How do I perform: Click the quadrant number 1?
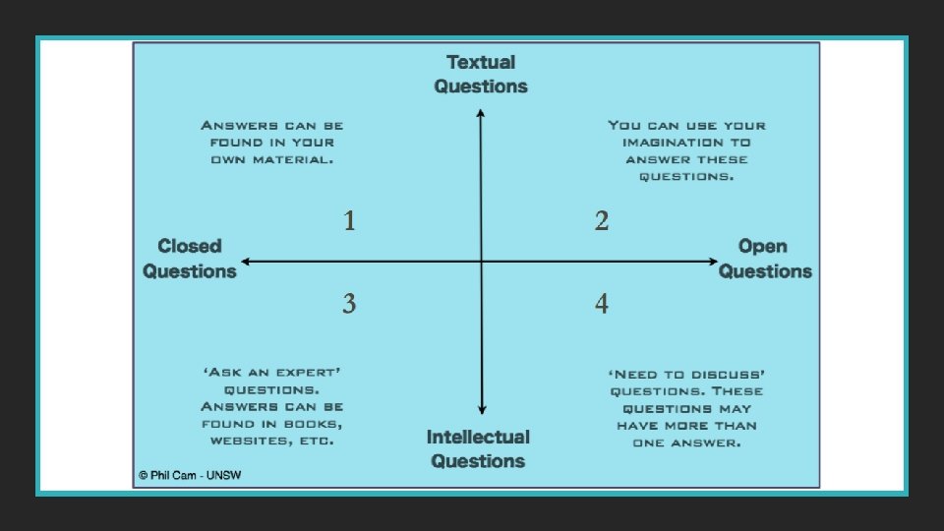pyautogui.click(x=349, y=221)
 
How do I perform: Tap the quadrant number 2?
pyautogui.click(x=602, y=221)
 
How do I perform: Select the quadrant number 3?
pyautogui.click(x=349, y=304)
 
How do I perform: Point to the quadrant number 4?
pyautogui.click(x=602, y=304)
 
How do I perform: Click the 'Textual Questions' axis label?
pyautogui.click(x=481, y=74)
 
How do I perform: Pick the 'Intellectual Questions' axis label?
pyautogui.click(x=479, y=448)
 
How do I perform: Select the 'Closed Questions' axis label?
pyautogui.click(x=190, y=259)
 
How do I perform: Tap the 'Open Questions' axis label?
pyautogui.click(x=765, y=259)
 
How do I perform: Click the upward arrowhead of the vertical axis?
pyautogui.click(x=481, y=112)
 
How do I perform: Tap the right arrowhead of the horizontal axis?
pyautogui.click(x=715, y=262)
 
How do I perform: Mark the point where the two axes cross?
pyautogui.click(x=481, y=262)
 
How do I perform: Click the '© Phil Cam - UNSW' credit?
pyautogui.click(x=190, y=475)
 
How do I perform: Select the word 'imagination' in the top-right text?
pyautogui.click(x=668, y=143)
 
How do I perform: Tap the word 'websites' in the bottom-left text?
pyautogui.click(x=245, y=442)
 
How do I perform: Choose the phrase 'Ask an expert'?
pyautogui.click(x=271, y=374)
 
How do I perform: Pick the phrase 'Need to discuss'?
pyautogui.click(x=686, y=374)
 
